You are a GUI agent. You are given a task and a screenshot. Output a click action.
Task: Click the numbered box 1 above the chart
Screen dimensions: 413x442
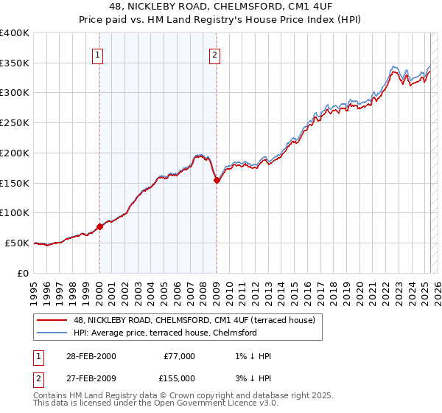point(98,54)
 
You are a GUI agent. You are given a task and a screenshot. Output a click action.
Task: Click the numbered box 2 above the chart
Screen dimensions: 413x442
point(214,54)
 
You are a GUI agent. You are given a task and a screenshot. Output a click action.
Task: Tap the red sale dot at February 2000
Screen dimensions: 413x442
point(100,226)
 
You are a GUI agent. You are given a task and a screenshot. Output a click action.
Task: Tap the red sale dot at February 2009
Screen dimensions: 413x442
point(217,180)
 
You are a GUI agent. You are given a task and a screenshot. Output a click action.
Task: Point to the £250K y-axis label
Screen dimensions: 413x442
point(15,122)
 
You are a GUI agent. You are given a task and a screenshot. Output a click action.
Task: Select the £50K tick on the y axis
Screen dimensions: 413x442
point(17,243)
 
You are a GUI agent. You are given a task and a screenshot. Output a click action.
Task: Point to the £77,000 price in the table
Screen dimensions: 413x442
point(179,356)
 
